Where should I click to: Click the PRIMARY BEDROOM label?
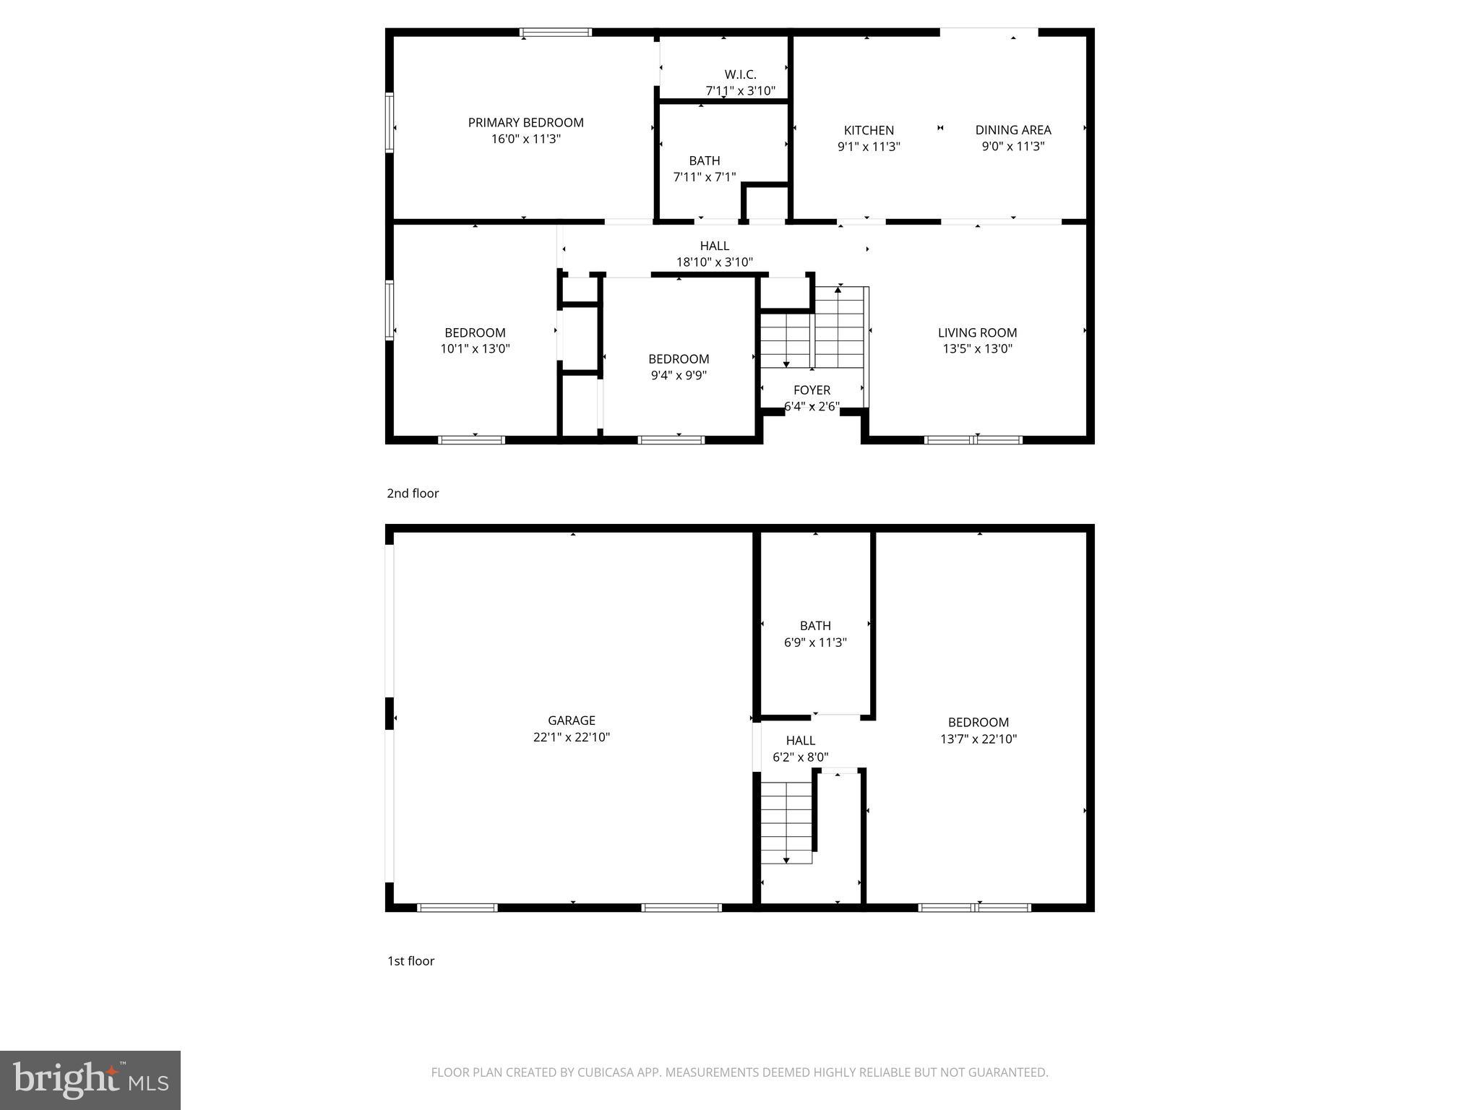pos(525,123)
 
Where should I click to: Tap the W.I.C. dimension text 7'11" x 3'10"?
pos(740,91)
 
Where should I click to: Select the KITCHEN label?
pos(869,130)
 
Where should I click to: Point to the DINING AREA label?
pos(1012,130)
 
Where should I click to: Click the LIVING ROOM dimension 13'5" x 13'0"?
pos(977,348)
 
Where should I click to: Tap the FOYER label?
pos(812,390)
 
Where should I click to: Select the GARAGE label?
pos(571,720)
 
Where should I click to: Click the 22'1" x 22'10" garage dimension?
pos(571,737)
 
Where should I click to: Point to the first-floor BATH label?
pos(815,626)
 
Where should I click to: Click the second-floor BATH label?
pos(704,160)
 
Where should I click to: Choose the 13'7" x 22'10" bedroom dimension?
pos(978,739)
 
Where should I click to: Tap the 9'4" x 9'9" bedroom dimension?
pos(678,375)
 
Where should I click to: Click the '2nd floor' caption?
pos(413,494)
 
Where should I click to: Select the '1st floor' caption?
pos(410,961)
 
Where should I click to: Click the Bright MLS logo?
pos(90,1080)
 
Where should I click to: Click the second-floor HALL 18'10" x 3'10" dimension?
pos(714,262)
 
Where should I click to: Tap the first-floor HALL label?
pos(800,741)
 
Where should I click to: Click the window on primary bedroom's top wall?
pos(556,33)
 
